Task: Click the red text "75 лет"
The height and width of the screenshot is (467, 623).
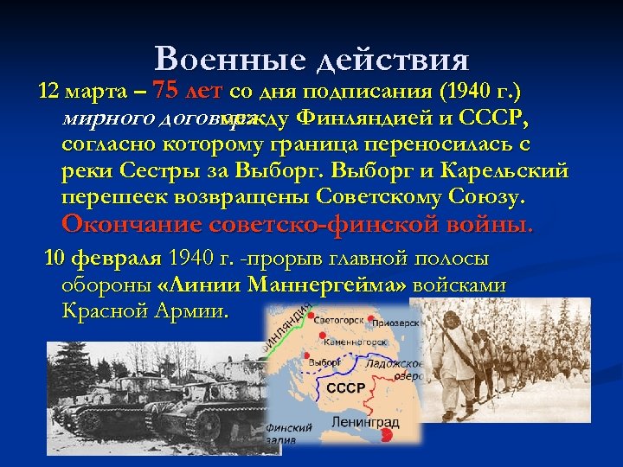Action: (186, 92)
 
